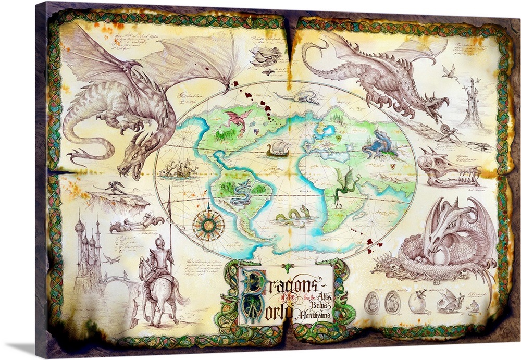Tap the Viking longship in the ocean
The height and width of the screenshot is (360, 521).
coord(278,150)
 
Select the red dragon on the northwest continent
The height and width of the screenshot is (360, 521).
coord(237,119)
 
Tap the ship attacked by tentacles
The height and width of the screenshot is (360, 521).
coord(179,168)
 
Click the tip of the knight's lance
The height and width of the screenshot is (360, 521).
coord(169,189)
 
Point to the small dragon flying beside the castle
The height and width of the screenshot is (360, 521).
coord(111,259)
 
